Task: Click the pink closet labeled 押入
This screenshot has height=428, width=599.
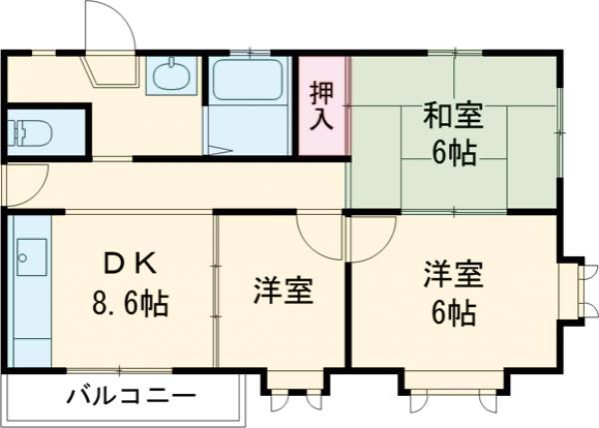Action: click(x=322, y=105)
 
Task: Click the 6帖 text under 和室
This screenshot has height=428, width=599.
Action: click(x=453, y=153)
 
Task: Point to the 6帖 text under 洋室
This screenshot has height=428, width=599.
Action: click(x=453, y=312)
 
